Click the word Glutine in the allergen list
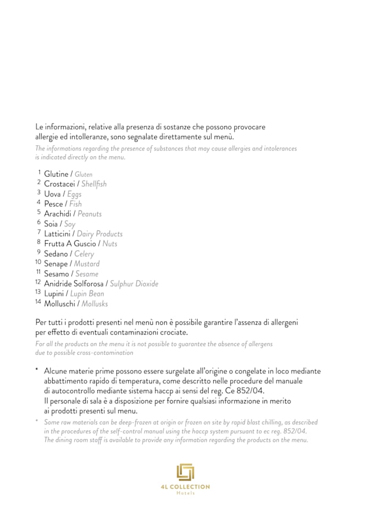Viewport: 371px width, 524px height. [x=56, y=174]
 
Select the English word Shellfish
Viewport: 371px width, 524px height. [x=94, y=184]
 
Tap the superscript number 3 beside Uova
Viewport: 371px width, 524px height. [x=39, y=192]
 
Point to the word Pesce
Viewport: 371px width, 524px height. [x=54, y=204]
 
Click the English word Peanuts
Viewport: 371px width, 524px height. [x=89, y=214]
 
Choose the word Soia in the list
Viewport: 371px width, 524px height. [x=51, y=223]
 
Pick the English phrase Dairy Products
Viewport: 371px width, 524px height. [x=100, y=234]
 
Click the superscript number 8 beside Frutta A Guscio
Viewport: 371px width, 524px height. [x=39, y=242]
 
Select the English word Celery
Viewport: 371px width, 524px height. [x=84, y=254]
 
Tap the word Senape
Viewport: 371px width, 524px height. [x=56, y=263]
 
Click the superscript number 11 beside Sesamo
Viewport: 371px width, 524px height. [x=38, y=272]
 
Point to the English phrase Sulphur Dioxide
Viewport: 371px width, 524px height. [x=134, y=284]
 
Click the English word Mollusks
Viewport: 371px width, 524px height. [x=94, y=303]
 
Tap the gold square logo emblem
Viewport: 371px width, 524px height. [x=185, y=472]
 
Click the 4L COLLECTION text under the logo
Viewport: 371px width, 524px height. [x=185, y=487]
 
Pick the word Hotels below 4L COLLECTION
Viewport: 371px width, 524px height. [x=185, y=493]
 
